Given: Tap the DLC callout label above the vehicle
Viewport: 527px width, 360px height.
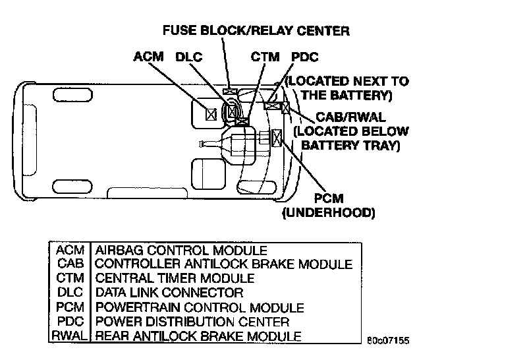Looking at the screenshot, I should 189,57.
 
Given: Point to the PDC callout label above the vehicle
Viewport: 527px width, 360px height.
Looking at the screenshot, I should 306,57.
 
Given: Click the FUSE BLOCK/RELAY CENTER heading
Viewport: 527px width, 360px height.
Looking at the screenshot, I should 256,30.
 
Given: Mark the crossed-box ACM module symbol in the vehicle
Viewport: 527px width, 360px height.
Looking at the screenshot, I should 211,114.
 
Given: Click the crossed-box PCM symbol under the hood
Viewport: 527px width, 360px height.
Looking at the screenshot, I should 276,137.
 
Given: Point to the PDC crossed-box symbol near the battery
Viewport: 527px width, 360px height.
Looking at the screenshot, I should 271,104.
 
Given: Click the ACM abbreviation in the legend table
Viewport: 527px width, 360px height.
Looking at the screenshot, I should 70,251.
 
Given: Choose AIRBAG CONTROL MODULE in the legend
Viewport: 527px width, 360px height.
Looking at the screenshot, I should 181,251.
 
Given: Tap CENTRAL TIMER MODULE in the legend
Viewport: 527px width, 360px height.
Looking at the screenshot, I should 175,279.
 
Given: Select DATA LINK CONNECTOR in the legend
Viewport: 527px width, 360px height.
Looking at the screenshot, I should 169,293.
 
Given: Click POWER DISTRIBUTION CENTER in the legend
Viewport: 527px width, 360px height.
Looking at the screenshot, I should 192,322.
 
